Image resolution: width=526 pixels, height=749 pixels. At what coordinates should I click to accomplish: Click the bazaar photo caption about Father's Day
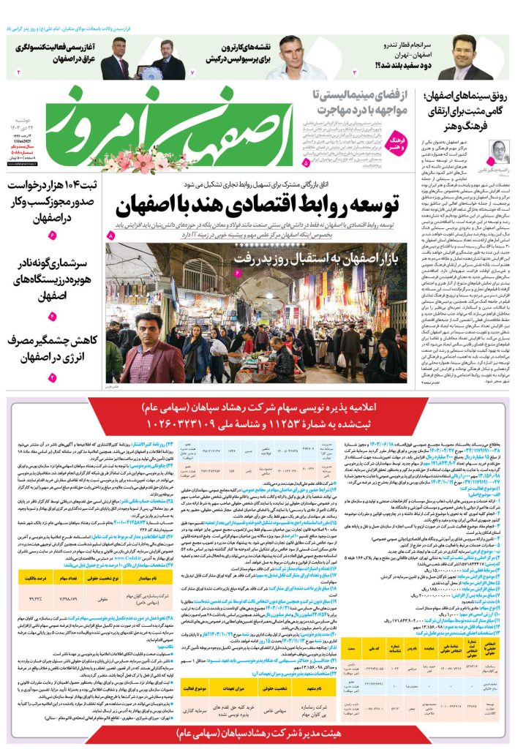click(314, 257)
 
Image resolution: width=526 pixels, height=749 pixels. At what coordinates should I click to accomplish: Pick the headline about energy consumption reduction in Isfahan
click(51, 350)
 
